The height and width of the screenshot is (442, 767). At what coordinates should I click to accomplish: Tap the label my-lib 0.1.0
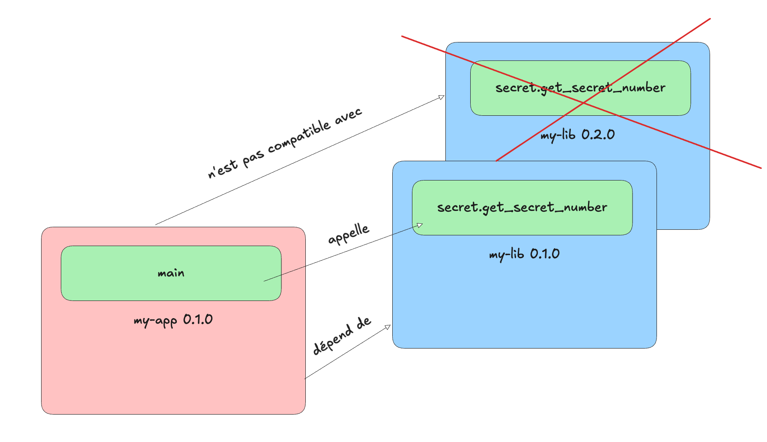coord(524,254)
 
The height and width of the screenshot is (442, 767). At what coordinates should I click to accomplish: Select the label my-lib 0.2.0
coord(577,135)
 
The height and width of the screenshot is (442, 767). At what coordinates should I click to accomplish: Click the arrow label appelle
coord(349,234)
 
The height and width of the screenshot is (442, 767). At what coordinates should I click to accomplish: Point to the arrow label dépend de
coord(342,336)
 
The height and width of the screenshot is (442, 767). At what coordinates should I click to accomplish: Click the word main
coord(171,273)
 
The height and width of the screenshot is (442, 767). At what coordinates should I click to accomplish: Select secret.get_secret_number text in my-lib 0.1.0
coord(522,207)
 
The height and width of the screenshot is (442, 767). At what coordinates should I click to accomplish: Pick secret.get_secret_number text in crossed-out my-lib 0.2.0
coord(580,88)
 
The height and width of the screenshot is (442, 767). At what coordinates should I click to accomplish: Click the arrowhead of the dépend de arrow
coord(388,327)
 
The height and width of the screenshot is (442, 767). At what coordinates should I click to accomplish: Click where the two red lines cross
coord(583,103)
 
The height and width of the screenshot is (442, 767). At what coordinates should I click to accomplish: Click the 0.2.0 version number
coord(598,135)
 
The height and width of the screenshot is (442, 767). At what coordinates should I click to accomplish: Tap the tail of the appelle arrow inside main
coord(265,281)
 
